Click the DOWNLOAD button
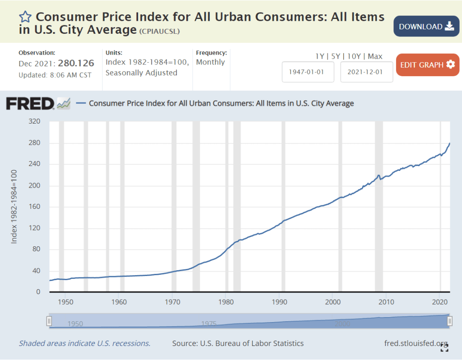pyautogui.click(x=426, y=26)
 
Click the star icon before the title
pyautogui.click(x=25, y=17)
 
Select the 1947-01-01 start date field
pyautogui.click(x=308, y=72)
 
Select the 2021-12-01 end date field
pyautogui.click(x=366, y=72)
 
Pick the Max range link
pyautogui.click(x=375, y=56)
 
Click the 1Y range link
pyautogui.click(x=319, y=56)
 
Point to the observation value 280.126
pyautogui.click(x=76, y=64)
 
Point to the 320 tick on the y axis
pyautogui.click(x=34, y=122)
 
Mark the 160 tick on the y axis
pyautogui.click(x=34, y=207)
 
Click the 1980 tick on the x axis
pyautogui.click(x=226, y=301)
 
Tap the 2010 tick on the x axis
pyautogui.click(x=386, y=301)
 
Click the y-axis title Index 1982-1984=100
pyautogui.click(x=14, y=207)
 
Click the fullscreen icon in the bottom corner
pyautogui.click(x=444, y=348)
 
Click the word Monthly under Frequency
pyautogui.click(x=210, y=62)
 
